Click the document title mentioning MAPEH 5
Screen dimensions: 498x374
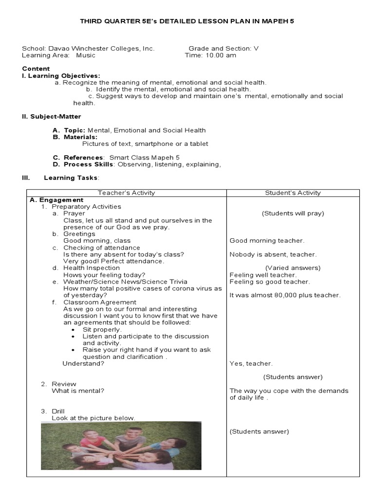pyautogui.click(x=187, y=22)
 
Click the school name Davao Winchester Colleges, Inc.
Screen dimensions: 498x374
pyautogui.click(x=88, y=49)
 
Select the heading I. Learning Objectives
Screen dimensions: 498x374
pyautogui.click(x=61, y=76)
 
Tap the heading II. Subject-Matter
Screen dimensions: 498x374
pyautogui.click(x=52, y=117)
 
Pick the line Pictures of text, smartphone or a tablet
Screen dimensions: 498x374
pyautogui.click(x=145, y=144)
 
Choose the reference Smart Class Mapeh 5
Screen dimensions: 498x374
pyautogui.click(x=144, y=158)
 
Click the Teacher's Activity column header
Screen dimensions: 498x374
pyautogui.click(x=126, y=193)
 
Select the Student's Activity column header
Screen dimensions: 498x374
pyautogui.click(x=293, y=193)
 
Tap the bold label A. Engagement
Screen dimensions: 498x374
pyautogui.click(x=56, y=200)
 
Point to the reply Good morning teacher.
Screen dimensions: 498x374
pyautogui.click(x=267, y=241)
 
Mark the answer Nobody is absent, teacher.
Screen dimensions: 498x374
pyautogui.click(x=273, y=254)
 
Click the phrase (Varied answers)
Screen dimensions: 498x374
pyautogui.click(x=293, y=268)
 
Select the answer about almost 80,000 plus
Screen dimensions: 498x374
pyautogui.click(x=285, y=295)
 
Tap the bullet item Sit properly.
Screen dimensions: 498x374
pyautogui.click(x=102, y=329)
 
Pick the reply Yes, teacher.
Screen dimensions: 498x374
pyautogui.click(x=251, y=364)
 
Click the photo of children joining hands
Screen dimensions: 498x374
pyautogui.click(x=121, y=445)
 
